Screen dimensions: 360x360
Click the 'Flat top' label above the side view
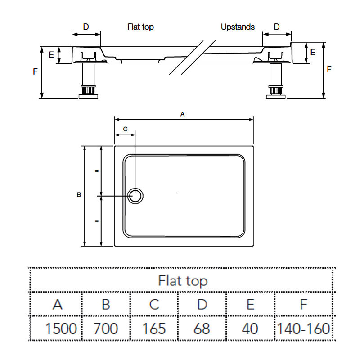point(140,27)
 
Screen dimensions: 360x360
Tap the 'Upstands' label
point(238,27)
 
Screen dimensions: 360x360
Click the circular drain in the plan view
point(135,196)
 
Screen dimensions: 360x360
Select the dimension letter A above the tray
point(183,114)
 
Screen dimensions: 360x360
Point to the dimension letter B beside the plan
point(79,195)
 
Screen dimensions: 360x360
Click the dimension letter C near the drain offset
point(126,129)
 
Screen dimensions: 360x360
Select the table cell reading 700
point(106,328)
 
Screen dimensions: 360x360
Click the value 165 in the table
point(154,328)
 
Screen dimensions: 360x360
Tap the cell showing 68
point(202,328)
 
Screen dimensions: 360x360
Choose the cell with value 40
point(250,328)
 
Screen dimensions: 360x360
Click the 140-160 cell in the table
point(303,328)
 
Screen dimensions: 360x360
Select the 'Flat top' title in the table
point(183,281)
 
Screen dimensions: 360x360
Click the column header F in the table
point(303,305)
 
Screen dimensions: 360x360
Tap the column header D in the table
point(202,305)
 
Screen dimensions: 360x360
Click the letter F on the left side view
point(35,72)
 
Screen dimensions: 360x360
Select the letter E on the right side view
point(313,52)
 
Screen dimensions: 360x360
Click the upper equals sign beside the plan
point(97,171)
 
